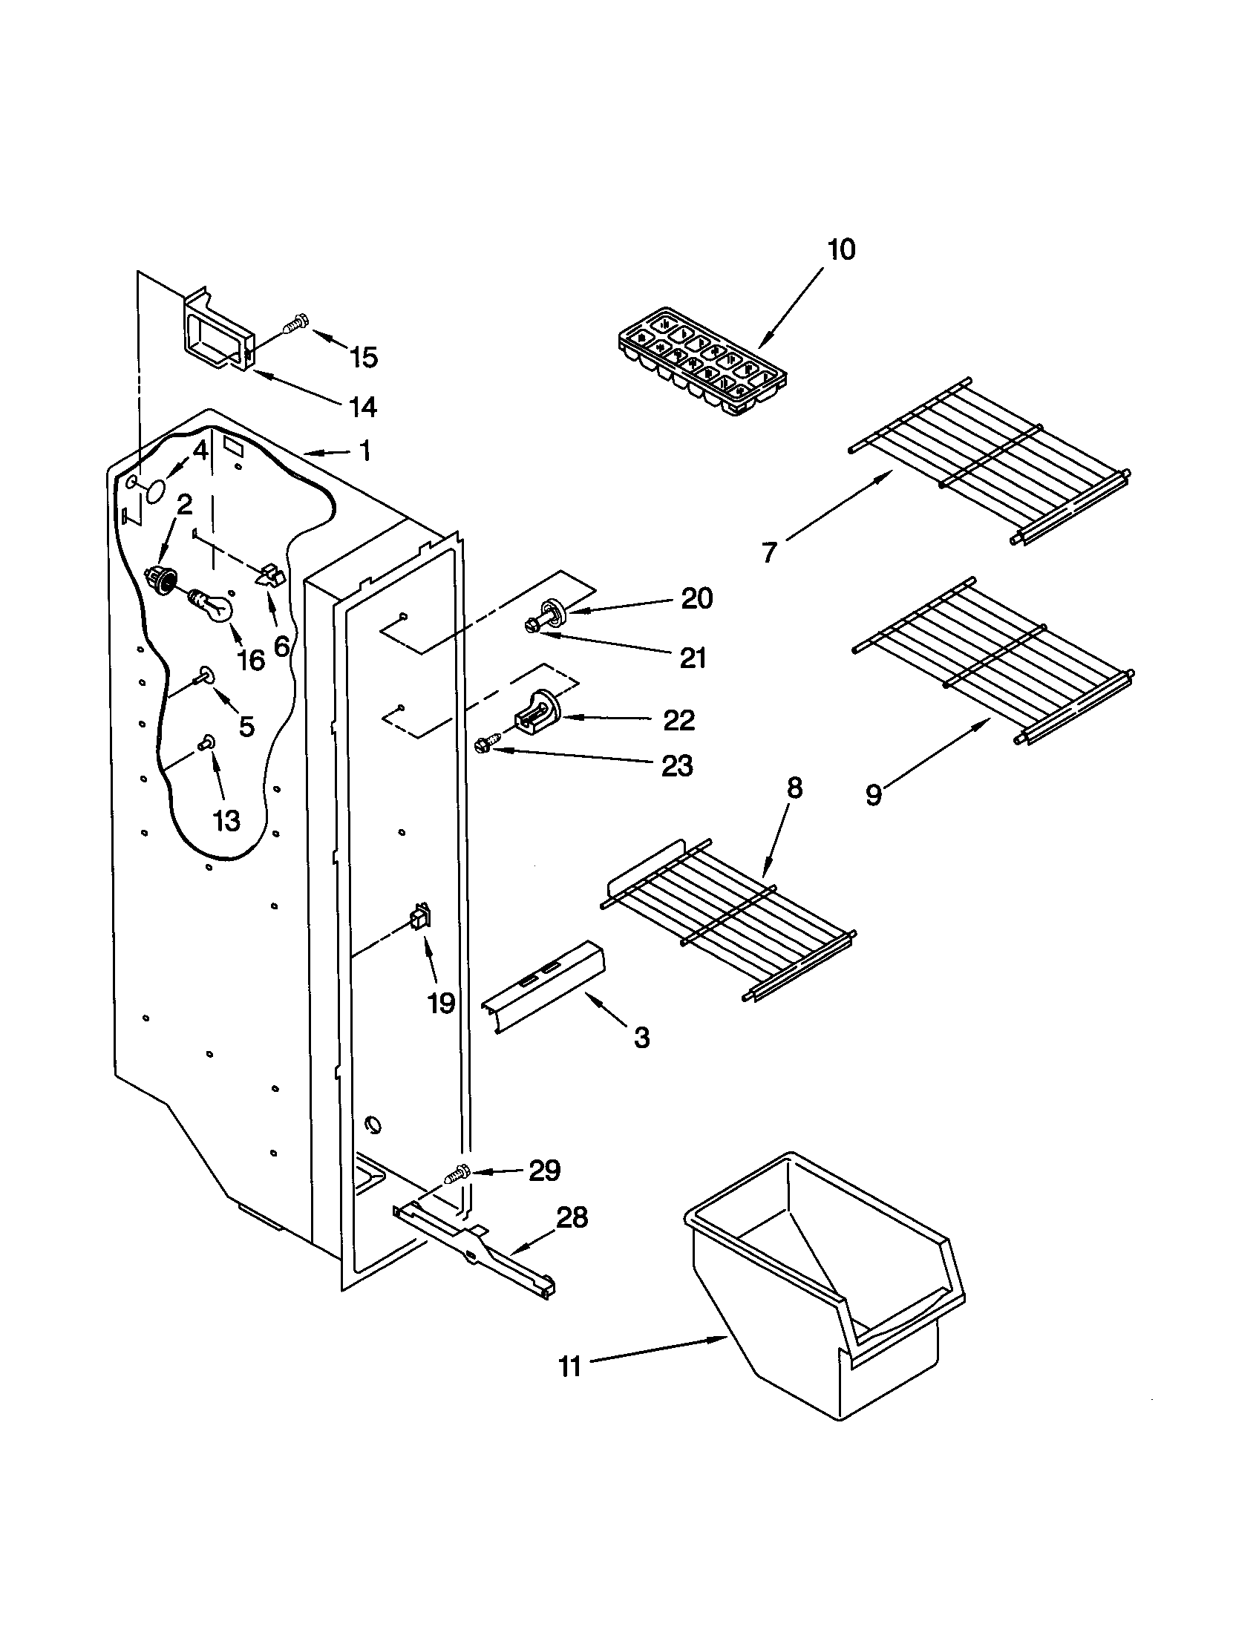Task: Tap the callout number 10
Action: [x=841, y=249]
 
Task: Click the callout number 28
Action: [x=572, y=1217]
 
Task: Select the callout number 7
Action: [x=769, y=552]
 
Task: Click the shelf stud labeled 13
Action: [x=206, y=742]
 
